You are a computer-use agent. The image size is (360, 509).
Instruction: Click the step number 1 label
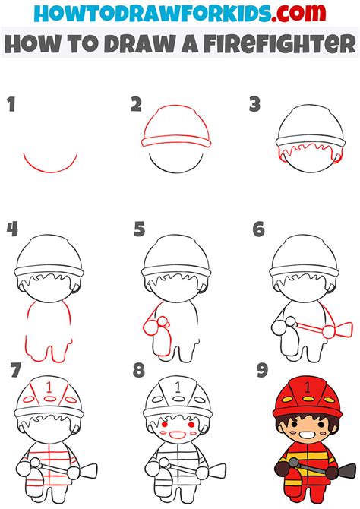point(11,105)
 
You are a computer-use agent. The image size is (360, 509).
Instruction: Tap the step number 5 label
point(139,229)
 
